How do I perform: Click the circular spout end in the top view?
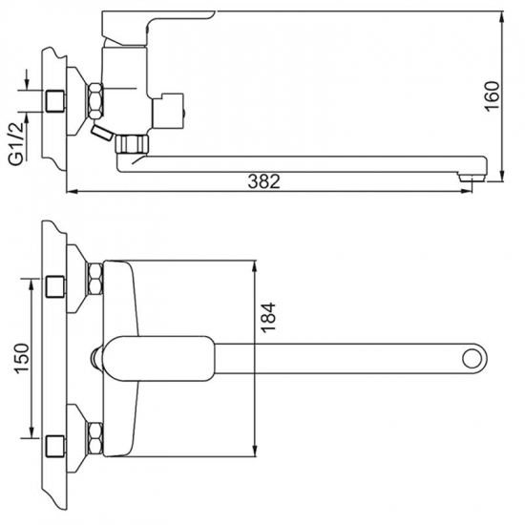(x=472, y=359)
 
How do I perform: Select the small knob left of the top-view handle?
(x=99, y=359)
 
